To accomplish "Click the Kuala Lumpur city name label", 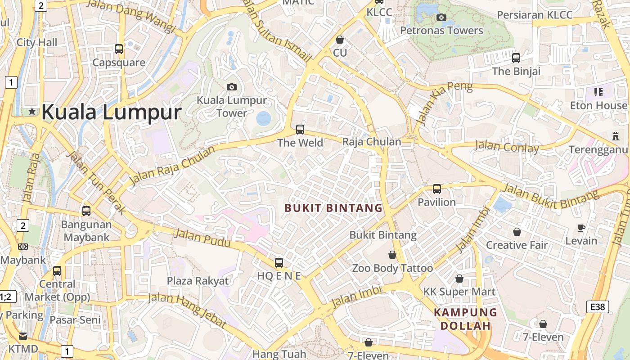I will pyautogui.click(x=111, y=112).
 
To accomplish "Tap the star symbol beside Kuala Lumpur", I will pyautogui.click(x=32, y=111).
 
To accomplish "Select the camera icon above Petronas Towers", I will pyautogui.click(x=441, y=17).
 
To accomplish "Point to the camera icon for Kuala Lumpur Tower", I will pyautogui.click(x=232, y=87).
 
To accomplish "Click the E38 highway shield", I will pyautogui.click(x=598, y=307).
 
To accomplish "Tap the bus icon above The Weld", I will pyautogui.click(x=300, y=130).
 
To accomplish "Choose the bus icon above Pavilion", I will pyautogui.click(x=437, y=189).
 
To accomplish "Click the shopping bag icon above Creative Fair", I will pyautogui.click(x=517, y=232).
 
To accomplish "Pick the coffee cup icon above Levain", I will pyautogui.click(x=581, y=228).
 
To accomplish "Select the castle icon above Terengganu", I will pyautogui.click(x=615, y=136).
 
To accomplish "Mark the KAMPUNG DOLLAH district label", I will pyautogui.click(x=465, y=319).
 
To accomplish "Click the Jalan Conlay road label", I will pyautogui.click(x=507, y=146).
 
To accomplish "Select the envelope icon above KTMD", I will pyautogui.click(x=23, y=336).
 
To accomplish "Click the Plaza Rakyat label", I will pyautogui.click(x=198, y=281).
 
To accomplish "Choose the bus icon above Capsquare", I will pyautogui.click(x=119, y=49).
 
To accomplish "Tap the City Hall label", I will pyautogui.click(x=37, y=42).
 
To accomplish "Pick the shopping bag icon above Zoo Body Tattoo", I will pyautogui.click(x=392, y=255).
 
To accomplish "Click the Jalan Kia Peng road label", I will pyautogui.click(x=445, y=103).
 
